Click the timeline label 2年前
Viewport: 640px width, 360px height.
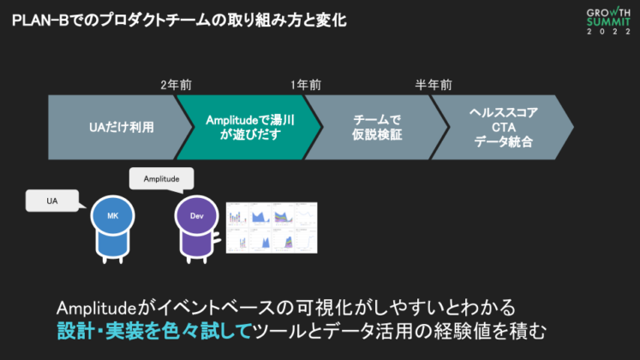click(x=176, y=85)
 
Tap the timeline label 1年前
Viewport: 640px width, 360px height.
click(x=306, y=85)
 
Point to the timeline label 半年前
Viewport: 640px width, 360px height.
click(x=434, y=85)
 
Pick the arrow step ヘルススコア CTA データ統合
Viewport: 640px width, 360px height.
click(x=503, y=127)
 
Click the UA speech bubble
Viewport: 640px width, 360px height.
click(x=52, y=201)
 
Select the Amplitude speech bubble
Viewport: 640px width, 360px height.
click(x=160, y=178)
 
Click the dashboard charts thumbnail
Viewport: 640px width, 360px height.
click(x=271, y=226)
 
